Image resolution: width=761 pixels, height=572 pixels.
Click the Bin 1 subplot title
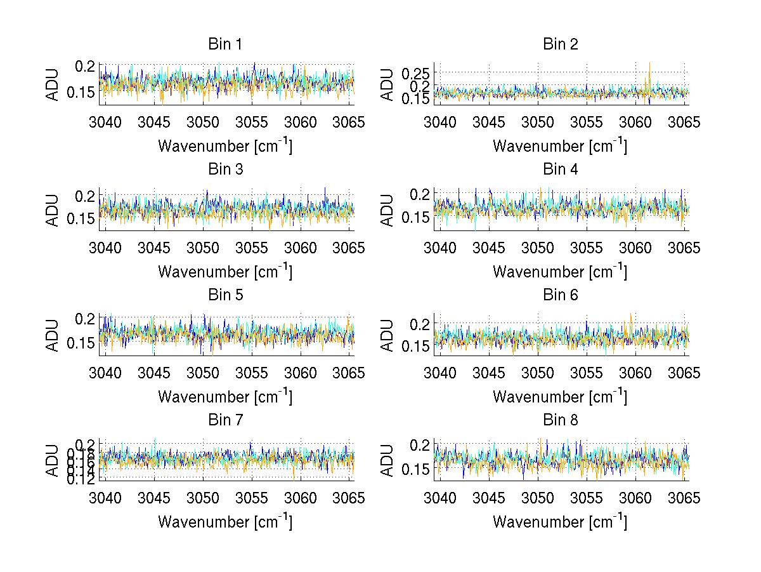point(224,44)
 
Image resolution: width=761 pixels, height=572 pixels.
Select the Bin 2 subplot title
point(560,44)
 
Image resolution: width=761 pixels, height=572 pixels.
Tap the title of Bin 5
point(224,295)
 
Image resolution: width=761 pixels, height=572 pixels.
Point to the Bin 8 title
point(560,420)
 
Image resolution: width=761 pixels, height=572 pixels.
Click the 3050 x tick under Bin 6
point(538,373)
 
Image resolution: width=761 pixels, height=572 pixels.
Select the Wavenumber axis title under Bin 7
point(224,522)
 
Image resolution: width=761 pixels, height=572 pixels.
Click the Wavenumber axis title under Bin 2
point(560,146)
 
